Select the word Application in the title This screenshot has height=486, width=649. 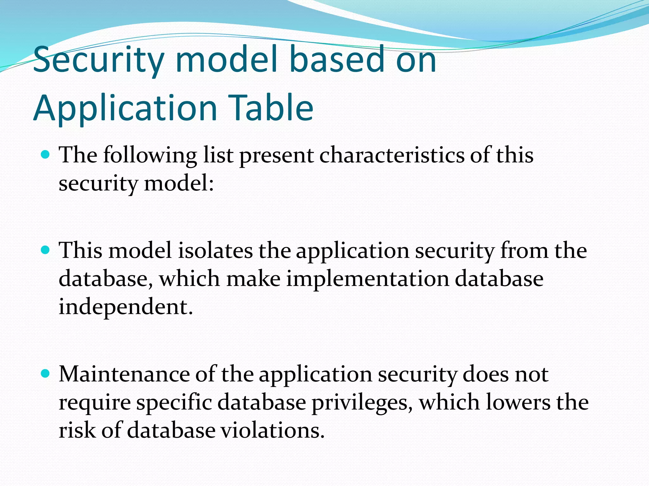click(x=125, y=108)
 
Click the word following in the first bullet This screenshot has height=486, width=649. click(x=150, y=156)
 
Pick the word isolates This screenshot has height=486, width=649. click(x=215, y=251)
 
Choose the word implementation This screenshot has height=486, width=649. click(x=368, y=279)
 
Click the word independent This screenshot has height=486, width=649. click(x=125, y=307)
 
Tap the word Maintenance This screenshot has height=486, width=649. click(x=124, y=374)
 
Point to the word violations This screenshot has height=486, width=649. click(x=273, y=431)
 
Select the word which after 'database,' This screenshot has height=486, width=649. click(x=190, y=279)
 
